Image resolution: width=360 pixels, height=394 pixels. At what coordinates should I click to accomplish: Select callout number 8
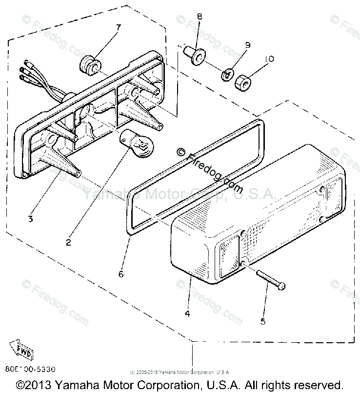[x=199, y=17]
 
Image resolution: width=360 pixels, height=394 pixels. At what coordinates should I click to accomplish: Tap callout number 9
[x=247, y=45]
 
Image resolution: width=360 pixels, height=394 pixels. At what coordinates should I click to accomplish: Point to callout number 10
[x=268, y=59]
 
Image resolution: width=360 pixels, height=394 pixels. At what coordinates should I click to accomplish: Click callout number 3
[x=30, y=219]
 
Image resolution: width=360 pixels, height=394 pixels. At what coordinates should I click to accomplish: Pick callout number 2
[x=68, y=242]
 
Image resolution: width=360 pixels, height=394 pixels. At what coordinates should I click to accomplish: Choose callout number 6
[x=120, y=274]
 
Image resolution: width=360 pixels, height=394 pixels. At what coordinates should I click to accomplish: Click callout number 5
[x=263, y=321]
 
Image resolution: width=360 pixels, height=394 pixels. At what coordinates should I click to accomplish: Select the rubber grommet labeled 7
[x=89, y=64]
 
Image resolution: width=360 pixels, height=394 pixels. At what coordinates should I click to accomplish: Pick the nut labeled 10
[x=243, y=82]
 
